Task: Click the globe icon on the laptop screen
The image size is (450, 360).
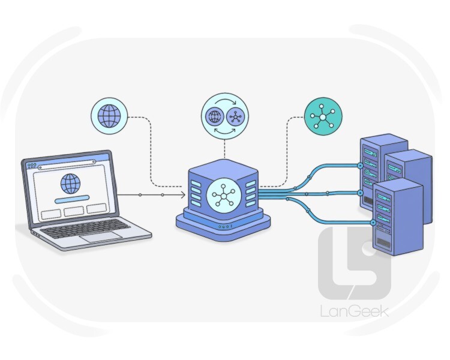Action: tap(71, 184)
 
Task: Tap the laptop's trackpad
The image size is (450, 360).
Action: tap(101, 237)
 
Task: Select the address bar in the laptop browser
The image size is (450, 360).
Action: tap(67, 165)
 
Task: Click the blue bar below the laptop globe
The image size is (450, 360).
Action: tap(72, 199)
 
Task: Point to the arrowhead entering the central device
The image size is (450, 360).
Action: tap(182, 195)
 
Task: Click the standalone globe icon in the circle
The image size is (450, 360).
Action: tap(109, 116)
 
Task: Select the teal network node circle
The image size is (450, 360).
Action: tap(323, 116)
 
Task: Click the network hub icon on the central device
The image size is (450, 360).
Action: tap(224, 195)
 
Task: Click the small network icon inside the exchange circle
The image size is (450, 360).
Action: tap(236, 117)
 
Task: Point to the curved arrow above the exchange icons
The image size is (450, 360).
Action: tap(226, 101)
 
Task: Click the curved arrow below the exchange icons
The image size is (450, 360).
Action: tap(225, 131)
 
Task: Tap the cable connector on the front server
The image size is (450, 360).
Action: tap(373, 223)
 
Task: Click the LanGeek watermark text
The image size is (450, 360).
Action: tap(355, 311)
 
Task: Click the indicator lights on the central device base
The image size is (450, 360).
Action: tap(226, 227)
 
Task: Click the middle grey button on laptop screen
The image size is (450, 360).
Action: tap(74, 211)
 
